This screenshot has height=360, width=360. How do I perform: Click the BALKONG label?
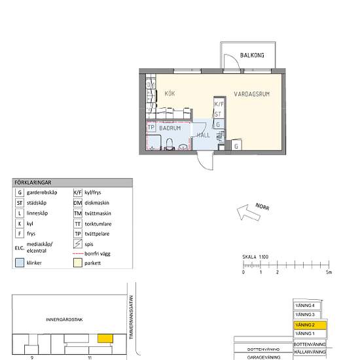click(252, 56)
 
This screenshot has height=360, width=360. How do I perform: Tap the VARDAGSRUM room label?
click(251, 94)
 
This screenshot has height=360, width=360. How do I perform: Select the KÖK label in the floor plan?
click(170, 93)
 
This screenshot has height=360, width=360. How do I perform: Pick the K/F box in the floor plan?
click(219, 104)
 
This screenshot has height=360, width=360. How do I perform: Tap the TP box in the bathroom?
click(151, 128)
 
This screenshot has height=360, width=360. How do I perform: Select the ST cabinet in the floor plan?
click(219, 114)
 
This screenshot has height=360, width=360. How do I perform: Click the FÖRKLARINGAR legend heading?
click(33, 183)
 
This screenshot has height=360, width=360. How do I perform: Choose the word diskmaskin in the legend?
click(99, 203)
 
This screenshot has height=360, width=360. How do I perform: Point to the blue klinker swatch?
click(19, 262)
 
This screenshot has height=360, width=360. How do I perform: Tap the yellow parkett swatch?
click(77, 262)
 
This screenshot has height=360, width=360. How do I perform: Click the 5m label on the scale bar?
click(330, 272)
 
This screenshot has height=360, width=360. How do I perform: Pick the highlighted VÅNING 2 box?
click(309, 325)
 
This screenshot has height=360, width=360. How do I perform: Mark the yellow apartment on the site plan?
click(104, 338)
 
